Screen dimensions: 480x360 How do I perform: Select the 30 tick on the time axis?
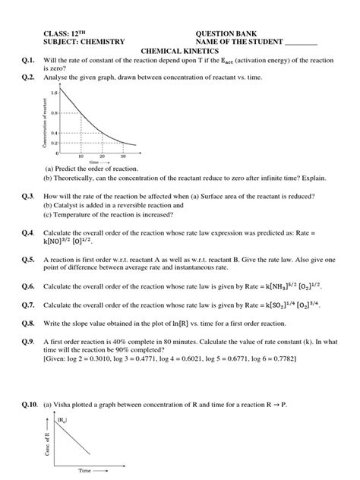[134, 156]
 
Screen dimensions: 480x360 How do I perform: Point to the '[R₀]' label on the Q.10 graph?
[63, 418]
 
